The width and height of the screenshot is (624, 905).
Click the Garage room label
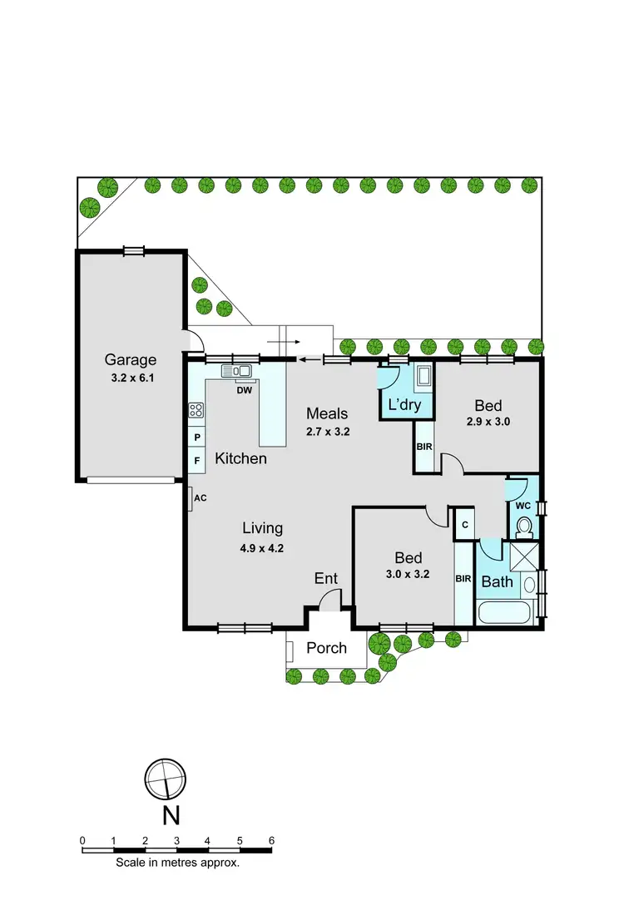click(130, 360)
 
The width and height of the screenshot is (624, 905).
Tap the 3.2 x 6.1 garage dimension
click(130, 377)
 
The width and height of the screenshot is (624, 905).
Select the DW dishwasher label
click(244, 389)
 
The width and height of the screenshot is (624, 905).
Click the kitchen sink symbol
click(236, 371)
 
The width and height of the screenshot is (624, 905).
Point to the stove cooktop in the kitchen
click(197, 409)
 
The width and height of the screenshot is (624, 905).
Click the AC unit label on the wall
click(200, 498)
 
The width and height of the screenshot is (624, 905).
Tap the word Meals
click(326, 413)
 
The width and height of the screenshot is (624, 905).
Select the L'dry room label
click(405, 406)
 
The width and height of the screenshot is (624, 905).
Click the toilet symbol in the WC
click(524, 526)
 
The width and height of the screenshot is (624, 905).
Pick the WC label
click(522, 505)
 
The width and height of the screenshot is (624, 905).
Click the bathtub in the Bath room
click(504, 615)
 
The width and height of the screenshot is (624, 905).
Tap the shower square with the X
click(524, 554)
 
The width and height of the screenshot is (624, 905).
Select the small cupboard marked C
click(464, 524)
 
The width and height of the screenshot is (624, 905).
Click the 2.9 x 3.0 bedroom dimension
click(488, 422)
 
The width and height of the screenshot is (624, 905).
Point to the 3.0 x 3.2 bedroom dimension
click(409, 574)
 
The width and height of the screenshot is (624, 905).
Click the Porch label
click(326, 647)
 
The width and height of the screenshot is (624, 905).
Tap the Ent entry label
click(325, 579)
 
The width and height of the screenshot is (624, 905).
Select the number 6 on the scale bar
click(271, 840)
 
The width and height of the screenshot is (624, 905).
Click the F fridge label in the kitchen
click(197, 459)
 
